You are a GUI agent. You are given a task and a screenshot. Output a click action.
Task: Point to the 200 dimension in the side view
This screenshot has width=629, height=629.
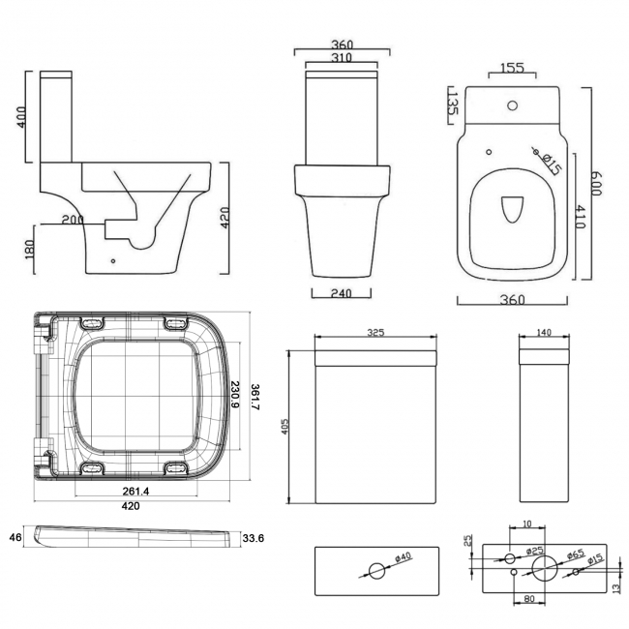71,221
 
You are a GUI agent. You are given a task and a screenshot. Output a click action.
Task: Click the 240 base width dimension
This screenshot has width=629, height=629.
339,293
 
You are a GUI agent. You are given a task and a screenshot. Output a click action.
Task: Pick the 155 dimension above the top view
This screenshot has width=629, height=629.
513,69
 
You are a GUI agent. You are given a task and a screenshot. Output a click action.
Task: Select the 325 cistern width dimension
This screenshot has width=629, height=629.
375,332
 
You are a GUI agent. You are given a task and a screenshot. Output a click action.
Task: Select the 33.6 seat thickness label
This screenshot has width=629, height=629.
253,539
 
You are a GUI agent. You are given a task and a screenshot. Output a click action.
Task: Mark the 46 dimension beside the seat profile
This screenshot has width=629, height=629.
15,536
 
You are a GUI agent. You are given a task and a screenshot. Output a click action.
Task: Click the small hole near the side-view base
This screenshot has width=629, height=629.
114,260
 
